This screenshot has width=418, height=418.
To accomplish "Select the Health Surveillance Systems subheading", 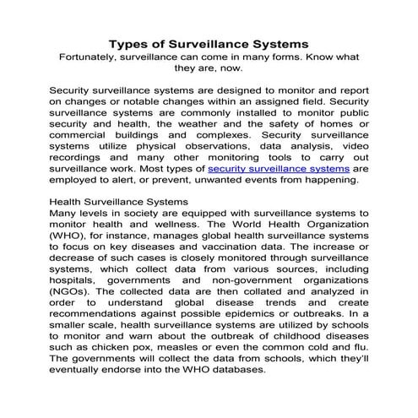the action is click(119, 203).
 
